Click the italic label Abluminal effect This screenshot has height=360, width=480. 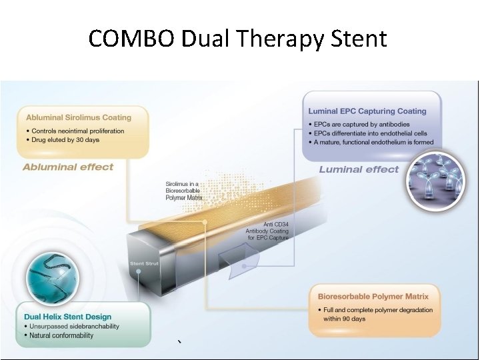coord(68,167)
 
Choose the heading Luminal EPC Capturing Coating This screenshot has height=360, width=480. coord(367,111)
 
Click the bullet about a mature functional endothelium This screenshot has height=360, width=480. coord(373,142)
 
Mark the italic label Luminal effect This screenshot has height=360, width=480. coord(359,169)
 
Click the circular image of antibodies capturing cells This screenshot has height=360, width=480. coord(436,181)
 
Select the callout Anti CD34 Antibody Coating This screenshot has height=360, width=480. coord(267,231)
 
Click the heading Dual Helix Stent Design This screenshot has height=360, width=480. coord(67,317)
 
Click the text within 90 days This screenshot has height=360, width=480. coord(346,319)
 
